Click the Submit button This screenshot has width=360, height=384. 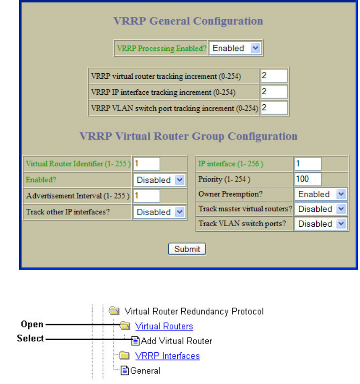point(187,249)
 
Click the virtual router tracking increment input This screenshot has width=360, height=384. point(274,76)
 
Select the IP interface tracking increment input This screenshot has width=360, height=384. point(274,92)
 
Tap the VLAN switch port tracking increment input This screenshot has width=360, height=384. point(274,108)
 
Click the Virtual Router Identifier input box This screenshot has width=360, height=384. point(146,164)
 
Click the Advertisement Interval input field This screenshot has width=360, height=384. point(146,196)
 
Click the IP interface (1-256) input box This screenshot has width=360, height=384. point(308,164)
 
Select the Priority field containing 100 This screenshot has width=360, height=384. point(308,179)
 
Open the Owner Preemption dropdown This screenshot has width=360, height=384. point(321,194)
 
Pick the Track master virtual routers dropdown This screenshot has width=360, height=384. point(321,209)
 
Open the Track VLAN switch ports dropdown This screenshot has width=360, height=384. point(321,224)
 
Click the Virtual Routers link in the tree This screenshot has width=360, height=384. point(164,326)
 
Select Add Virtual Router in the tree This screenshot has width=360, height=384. point(176,341)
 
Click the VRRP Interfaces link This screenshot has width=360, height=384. point(167,356)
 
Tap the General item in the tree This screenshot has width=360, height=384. point(145,370)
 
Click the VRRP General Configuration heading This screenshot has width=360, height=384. point(188,21)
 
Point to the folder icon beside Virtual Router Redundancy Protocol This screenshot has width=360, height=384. point(115,311)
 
